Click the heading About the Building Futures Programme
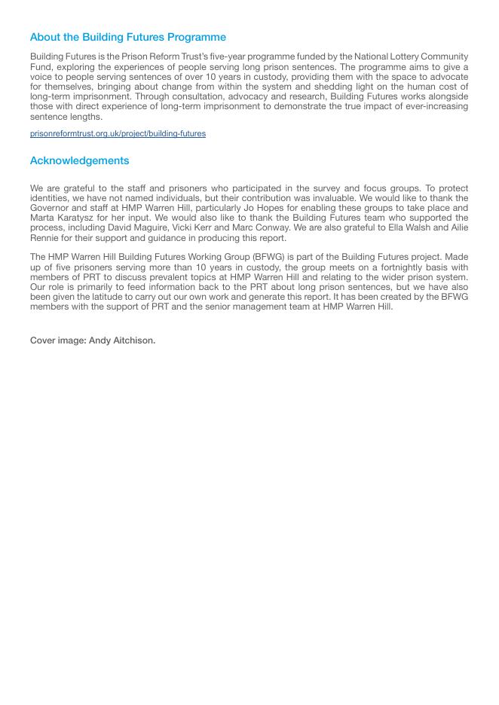tap(128, 37)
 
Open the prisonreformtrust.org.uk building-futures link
tap(118, 133)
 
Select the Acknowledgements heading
tap(79, 160)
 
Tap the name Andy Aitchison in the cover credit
tap(122, 340)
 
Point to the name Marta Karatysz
tap(62, 218)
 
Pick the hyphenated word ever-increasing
tap(429, 106)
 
